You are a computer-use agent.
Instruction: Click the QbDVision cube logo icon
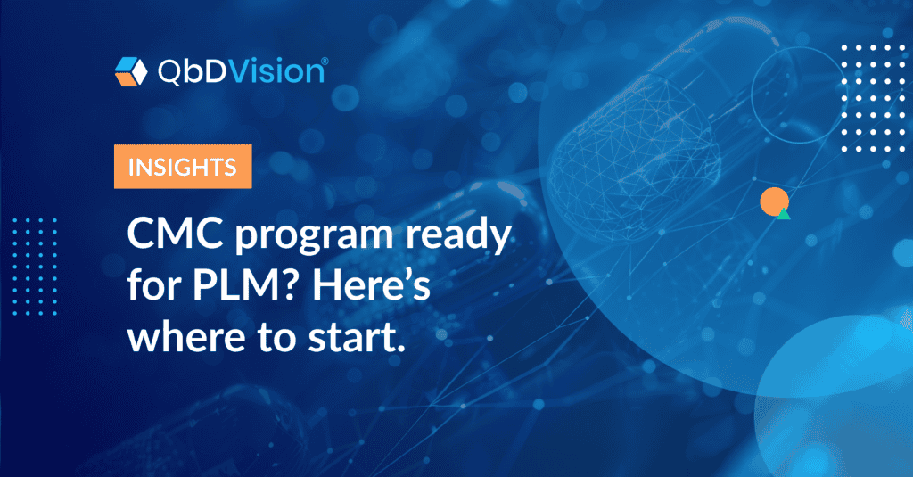(131, 71)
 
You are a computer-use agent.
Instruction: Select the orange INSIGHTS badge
(183, 167)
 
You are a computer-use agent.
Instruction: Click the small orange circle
(775, 201)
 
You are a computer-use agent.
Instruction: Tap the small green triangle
(784, 214)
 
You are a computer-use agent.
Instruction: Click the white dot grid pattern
(874, 98)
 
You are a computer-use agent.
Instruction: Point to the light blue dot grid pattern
(35, 267)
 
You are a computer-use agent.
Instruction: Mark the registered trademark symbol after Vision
(325, 61)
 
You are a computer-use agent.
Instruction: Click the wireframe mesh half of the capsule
(635, 157)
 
